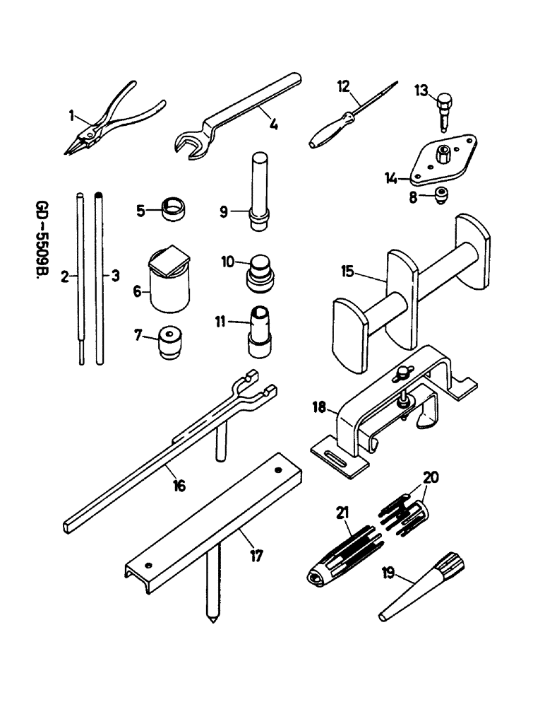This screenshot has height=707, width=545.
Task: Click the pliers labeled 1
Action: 113,123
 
